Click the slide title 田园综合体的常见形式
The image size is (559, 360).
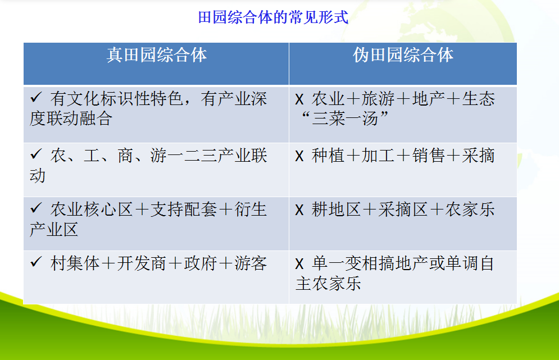point(273,17)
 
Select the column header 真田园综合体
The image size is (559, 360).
point(157,55)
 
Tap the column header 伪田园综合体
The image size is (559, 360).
point(403,55)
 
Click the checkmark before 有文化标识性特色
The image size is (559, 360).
point(36,97)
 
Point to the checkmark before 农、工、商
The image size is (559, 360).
point(36,154)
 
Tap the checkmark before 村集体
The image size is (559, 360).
point(36,262)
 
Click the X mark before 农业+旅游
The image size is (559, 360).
point(299,99)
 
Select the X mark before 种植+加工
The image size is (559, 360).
point(299,156)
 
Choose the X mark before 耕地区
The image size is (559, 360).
point(299,210)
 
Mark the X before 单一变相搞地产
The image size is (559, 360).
point(299,264)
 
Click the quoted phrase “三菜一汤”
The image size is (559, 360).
point(344,119)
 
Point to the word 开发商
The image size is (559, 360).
point(142,264)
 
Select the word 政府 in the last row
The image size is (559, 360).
point(201,264)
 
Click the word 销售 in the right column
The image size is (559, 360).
point(429,156)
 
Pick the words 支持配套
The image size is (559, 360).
point(183,209)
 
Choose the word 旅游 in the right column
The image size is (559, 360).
point(378,99)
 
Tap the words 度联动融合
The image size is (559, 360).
point(71,119)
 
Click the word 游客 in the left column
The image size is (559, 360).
point(251,264)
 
